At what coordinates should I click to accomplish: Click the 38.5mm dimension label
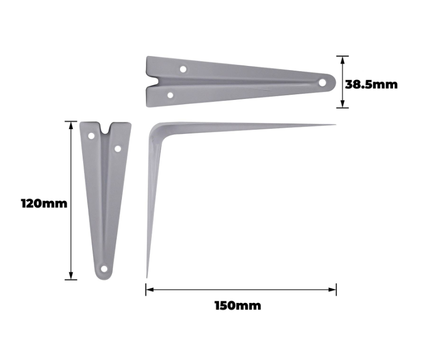[x=371, y=85]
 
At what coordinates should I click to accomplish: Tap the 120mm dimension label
[x=44, y=204]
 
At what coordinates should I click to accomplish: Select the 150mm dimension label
[x=238, y=306]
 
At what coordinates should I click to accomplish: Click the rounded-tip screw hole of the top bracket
[x=322, y=82]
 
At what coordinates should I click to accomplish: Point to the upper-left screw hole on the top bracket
[x=183, y=69]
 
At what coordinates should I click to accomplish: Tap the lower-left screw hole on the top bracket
[x=170, y=95]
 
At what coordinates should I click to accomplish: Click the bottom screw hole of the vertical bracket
[x=104, y=269]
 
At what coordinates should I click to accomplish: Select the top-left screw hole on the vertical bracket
[x=92, y=136]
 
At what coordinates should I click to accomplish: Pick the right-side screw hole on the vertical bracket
[x=118, y=149]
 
